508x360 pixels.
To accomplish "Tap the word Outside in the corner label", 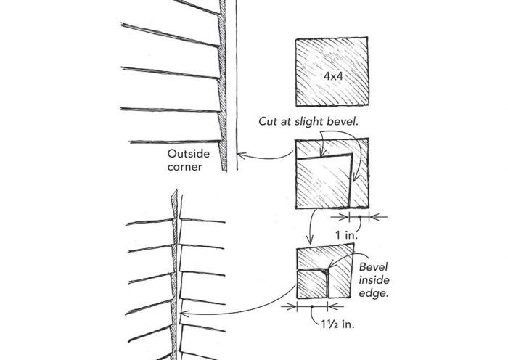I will click(187, 154).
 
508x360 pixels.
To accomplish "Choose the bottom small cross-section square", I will click(323, 274).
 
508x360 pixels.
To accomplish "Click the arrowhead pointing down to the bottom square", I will click(308, 242).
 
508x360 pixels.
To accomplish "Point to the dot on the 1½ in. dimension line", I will click(311, 307).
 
